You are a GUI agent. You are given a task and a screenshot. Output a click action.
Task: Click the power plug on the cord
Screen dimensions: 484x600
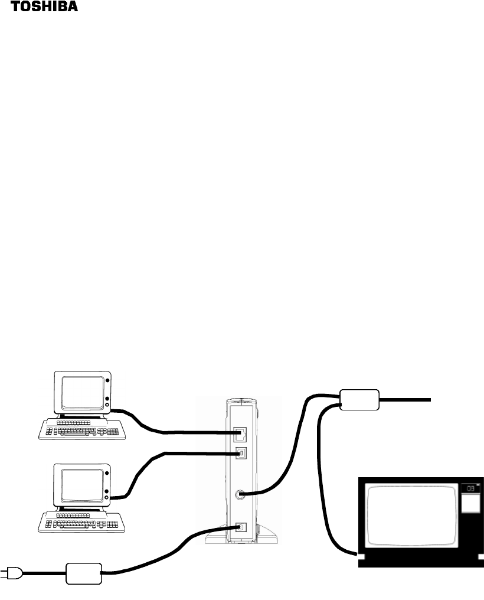tap(11, 572)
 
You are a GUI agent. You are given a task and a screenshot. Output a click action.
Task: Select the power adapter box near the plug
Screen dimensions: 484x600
tap(83, 572)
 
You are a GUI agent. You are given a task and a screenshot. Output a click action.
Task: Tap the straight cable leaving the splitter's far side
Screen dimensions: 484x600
tap(407, 400)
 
